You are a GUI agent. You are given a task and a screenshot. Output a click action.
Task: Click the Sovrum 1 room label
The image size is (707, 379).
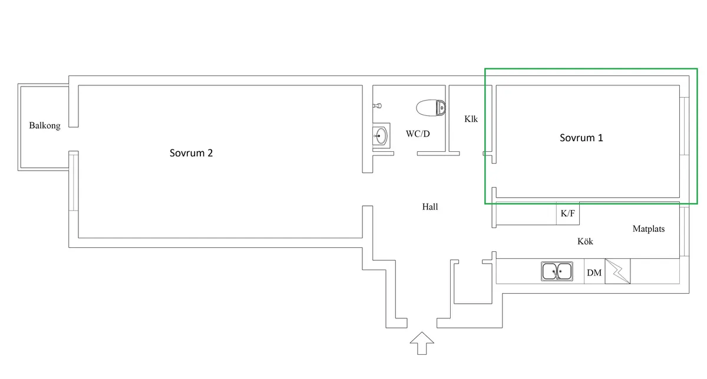(581, 138)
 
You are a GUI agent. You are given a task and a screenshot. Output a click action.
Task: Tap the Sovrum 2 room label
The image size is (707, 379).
(191, 153)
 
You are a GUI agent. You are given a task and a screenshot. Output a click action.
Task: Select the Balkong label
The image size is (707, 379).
(45, 126)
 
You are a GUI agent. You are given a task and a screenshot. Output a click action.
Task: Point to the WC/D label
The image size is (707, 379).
(418, 134)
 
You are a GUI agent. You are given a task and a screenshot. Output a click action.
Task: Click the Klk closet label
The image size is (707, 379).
(471, 119)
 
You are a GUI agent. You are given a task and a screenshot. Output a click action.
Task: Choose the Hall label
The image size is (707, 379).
(430, 207)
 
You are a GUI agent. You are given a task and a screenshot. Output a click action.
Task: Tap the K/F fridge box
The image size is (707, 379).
(568, 214)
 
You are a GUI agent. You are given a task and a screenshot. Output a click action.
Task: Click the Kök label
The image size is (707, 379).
(585, 242)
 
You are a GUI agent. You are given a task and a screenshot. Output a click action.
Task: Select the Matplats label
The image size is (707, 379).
(649, 229)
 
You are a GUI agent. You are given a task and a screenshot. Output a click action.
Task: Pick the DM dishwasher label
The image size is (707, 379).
(594, 273)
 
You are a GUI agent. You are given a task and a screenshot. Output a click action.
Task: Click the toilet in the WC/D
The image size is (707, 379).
(431, 108)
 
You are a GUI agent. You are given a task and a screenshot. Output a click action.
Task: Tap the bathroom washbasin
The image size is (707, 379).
(380, 136)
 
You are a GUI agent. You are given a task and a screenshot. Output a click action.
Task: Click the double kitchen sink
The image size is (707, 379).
(557, 271)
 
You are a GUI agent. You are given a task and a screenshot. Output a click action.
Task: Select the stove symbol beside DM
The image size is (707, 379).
(617, 271)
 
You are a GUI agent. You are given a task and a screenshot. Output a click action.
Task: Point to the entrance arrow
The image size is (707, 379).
(422, 343)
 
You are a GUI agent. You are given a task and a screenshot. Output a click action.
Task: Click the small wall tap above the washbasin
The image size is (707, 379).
(378, 106)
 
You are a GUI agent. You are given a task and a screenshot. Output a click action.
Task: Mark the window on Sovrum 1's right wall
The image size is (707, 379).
(683, 125)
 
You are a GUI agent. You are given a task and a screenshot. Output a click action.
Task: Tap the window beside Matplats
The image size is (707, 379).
(683, 231)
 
